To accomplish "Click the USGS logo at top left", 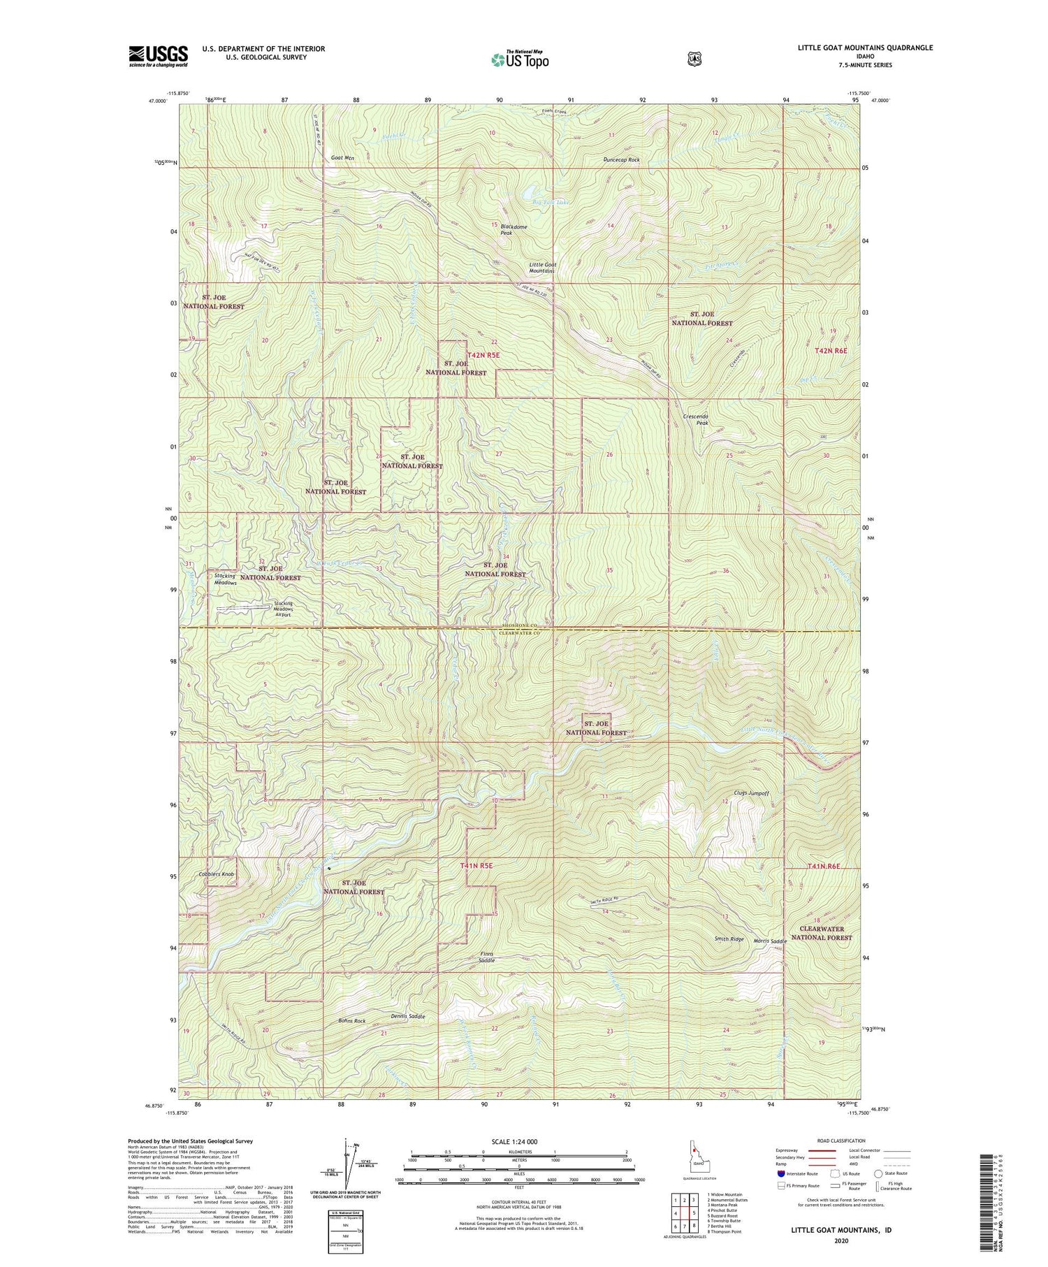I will pyautogui.click(x=158, y=56).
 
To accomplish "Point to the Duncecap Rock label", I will pyautogui.click(x=621, y=160).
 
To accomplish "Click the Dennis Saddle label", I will pyautogui.click(x=407, y=1016).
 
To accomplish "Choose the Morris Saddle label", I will pyautogui.click(x=770, y=941).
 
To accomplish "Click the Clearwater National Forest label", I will pyautogui.click(x=822, y=934).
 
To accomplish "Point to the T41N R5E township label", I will pyautogui.click(x=476, y=866).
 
